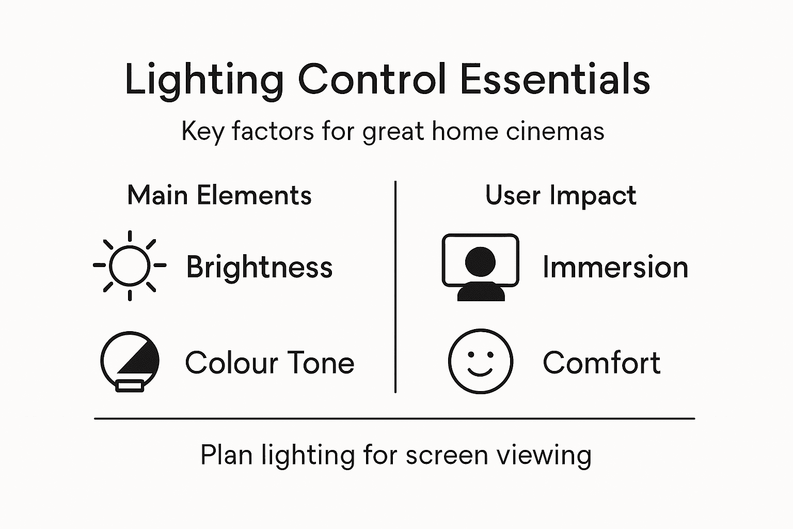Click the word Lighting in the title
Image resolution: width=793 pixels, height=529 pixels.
tap(204, 80)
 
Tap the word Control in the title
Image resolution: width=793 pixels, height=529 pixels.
tap(372, 80)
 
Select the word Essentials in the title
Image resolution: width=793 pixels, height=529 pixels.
tap(554, 80)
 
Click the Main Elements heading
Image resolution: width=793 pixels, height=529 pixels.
tap(219, 196)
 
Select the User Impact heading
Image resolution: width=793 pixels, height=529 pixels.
tap(561, 196)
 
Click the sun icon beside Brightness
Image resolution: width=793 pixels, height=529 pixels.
tap(130, 266)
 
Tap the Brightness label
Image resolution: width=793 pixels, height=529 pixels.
tap(259, 267)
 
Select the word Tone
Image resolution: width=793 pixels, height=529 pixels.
tap(320, 363)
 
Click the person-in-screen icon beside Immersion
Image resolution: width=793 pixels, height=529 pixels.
tap(480, 267)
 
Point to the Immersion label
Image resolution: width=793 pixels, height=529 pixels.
tap(615, 267)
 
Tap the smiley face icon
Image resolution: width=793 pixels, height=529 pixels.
tap(480, 361)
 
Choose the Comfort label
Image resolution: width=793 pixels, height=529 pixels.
tap(601, 363)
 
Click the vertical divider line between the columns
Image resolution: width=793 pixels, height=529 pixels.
tap(395, 287)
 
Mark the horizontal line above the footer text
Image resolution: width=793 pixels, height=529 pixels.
tap(394, 418)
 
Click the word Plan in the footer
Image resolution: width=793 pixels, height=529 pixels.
tap(226, 455)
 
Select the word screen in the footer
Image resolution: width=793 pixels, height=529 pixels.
tap(447, 455)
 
